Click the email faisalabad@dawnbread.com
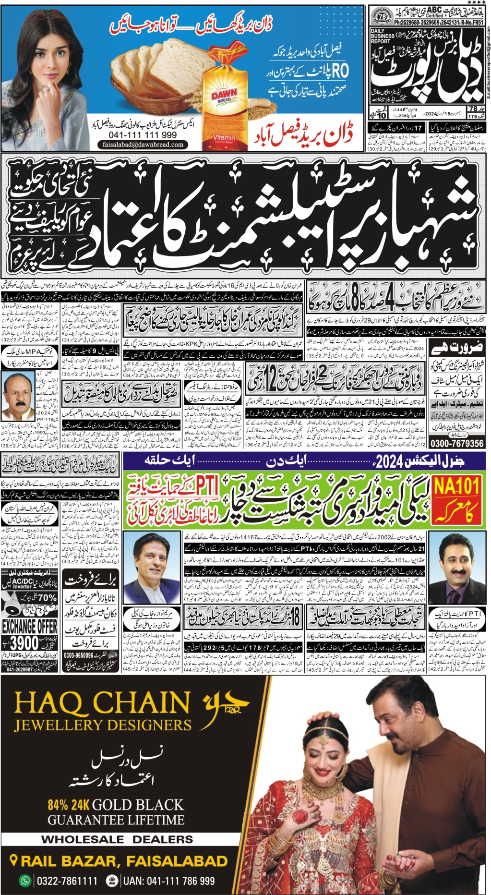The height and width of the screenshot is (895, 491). coord(143,144)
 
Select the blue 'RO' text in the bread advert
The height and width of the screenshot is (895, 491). coord(339,72)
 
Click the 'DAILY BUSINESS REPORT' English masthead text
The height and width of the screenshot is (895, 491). coord(383,36)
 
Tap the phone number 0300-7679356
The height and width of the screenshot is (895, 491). coord(456,443)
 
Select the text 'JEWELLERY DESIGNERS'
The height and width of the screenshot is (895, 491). coord(103,725)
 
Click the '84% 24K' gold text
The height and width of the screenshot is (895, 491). coord(69,805)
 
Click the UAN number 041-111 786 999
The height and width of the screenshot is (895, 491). coord(169,881)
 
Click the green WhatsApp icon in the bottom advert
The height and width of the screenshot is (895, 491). coord(24,881)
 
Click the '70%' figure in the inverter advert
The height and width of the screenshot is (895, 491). coord(47,598)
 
